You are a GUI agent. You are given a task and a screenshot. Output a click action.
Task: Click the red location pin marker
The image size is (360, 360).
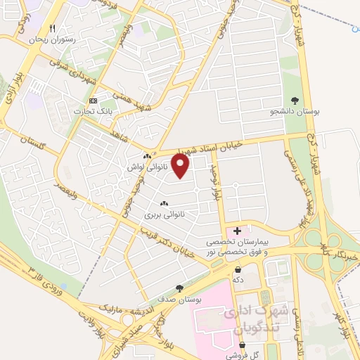coord(181,166)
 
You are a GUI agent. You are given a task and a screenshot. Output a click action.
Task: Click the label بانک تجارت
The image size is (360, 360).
coord(95,110)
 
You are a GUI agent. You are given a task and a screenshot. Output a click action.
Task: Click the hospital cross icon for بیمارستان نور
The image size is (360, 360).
coord(237,230)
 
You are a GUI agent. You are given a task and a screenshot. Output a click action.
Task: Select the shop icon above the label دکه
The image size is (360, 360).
coord(238,269)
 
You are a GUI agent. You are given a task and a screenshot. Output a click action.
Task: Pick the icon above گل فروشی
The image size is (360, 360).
coord(243,345)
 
